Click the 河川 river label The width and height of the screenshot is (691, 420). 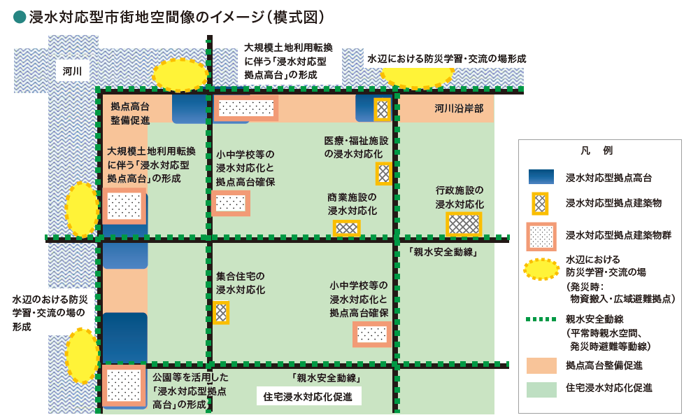[x=72, y=71]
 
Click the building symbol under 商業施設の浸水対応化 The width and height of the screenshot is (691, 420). [x=346, y=227]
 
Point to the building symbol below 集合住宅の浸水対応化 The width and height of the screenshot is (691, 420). [x=221, y=311]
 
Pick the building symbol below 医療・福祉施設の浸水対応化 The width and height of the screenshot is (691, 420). [x=383, y=173]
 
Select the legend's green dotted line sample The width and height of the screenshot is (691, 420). [x=540, y=321]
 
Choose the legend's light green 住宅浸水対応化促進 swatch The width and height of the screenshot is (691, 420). [x=540, y=387]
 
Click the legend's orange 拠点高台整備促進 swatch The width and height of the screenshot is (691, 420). [x=540, y=365]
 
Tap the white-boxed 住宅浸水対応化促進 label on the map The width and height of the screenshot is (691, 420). [x=308, y=396]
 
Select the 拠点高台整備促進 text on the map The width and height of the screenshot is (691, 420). [x=130, y=113]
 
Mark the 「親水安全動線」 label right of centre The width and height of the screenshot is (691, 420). [x=443, y=253]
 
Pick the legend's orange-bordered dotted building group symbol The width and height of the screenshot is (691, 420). [x=540, y=235]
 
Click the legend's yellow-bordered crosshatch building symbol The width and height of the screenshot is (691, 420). [x=540, y=204]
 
